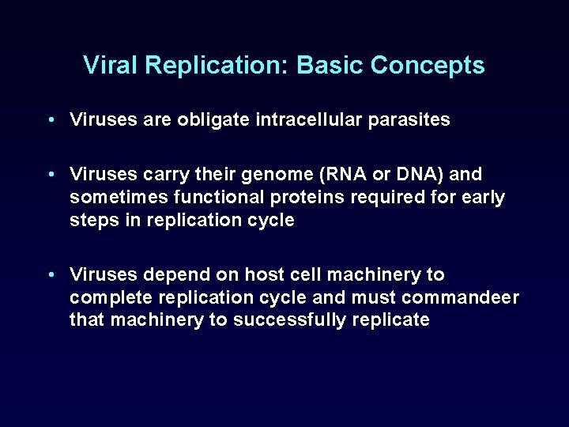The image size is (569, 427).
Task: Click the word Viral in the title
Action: (x=108, y=65)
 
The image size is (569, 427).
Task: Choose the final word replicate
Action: (x=393, y=320)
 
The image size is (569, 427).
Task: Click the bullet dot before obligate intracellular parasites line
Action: (x=50, y=120)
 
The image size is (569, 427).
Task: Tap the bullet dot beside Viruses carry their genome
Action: (x=50, y=174)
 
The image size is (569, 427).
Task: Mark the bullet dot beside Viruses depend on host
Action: (x=50, y=274)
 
